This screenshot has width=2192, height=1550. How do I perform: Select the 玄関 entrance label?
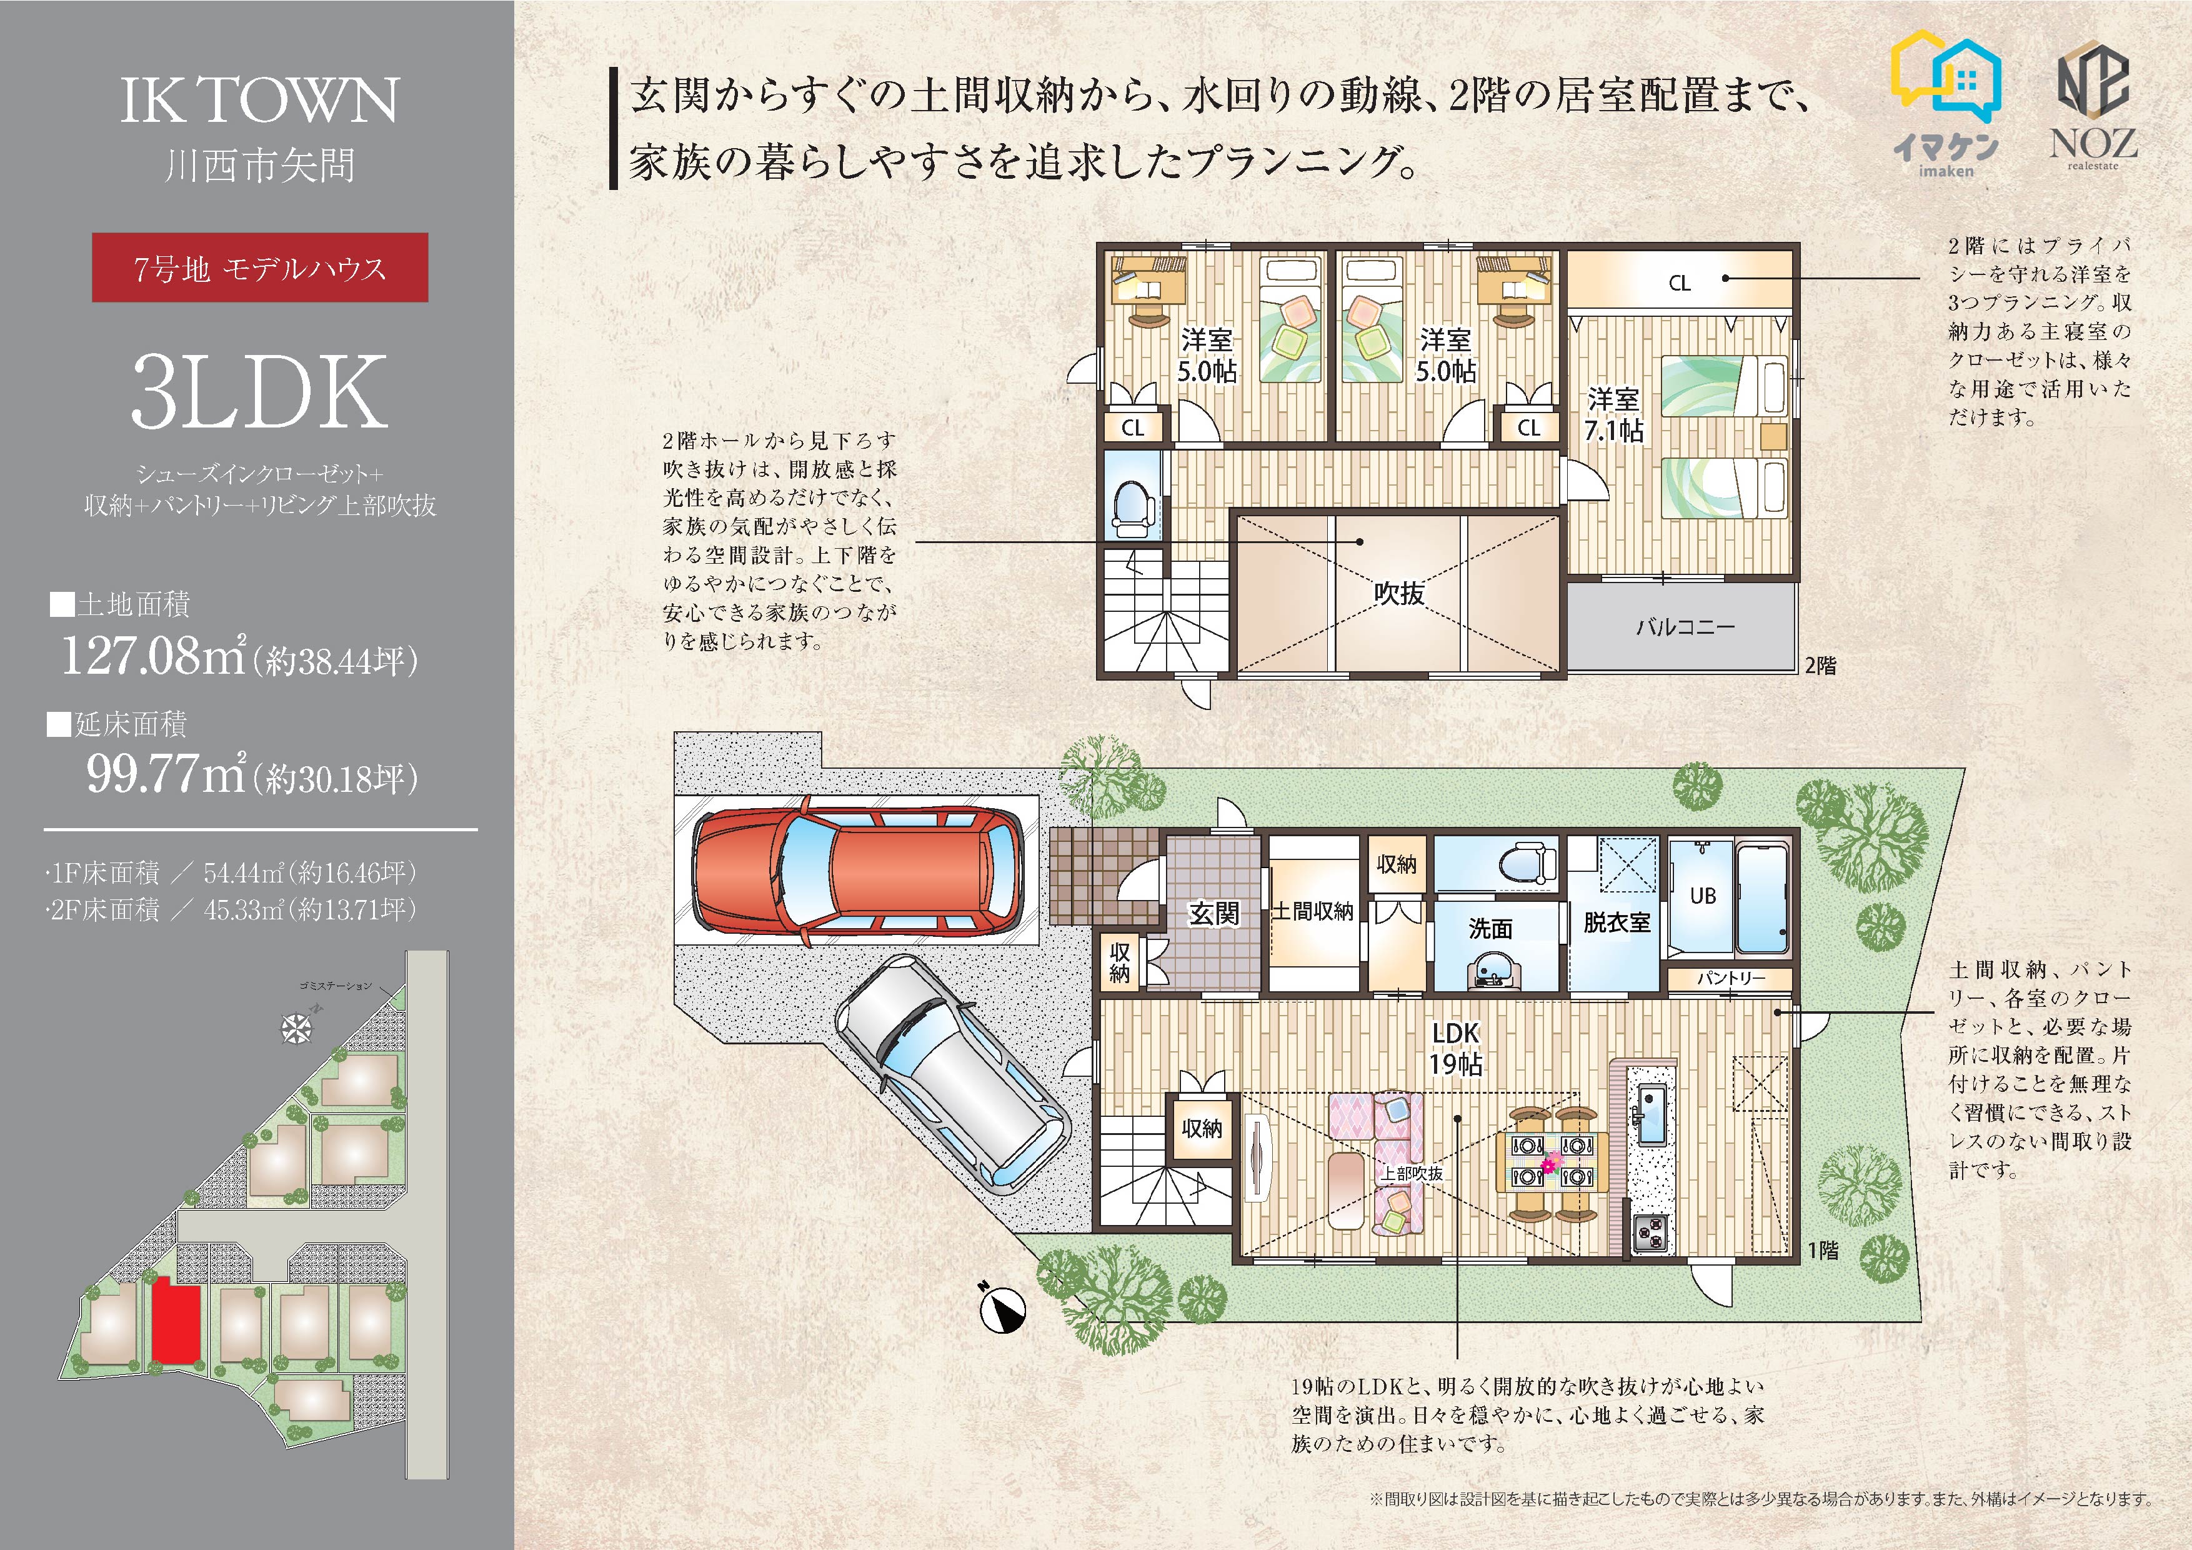click(x=1214, y=914)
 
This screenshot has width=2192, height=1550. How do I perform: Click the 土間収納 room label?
click(x=1313, y=911)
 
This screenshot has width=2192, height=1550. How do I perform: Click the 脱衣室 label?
click(x=1617, y=922)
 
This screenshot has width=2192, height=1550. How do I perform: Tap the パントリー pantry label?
click(x=1731, y=979)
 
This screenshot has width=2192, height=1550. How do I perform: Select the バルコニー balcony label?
click(x=1685, y=627)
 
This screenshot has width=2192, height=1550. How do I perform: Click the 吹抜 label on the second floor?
click(x=1400, y=593)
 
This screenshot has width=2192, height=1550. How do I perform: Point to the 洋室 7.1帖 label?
click(x=1613, y=414)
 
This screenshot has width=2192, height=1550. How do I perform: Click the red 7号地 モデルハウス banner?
click(x=260, y=267)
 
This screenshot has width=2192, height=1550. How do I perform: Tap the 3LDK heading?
click(x=260, y=391)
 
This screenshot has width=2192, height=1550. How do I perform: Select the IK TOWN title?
click(x=260, y=100)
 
